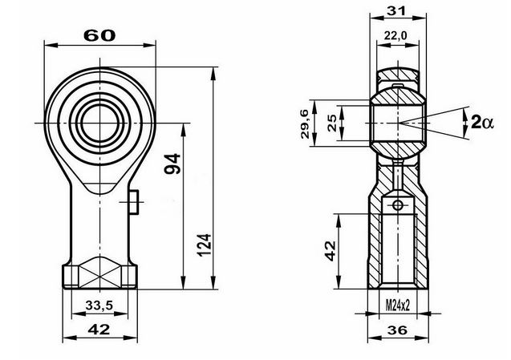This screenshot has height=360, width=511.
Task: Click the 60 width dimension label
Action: point(99,35)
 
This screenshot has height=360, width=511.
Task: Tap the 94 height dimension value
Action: point(172,164)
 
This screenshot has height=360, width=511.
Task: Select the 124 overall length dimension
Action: point(205,245)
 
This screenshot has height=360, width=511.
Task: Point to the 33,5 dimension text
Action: point(99,305)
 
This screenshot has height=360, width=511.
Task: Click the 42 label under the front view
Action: point(99,330)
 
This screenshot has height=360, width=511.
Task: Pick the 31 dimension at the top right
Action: point(396,11)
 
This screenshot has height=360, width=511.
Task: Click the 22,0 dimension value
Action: point(395,35)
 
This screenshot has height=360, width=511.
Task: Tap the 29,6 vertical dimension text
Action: point(305,124)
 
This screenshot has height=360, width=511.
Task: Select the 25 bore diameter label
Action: point(332,123)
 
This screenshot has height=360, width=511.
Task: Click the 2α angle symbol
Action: point(482,123)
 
